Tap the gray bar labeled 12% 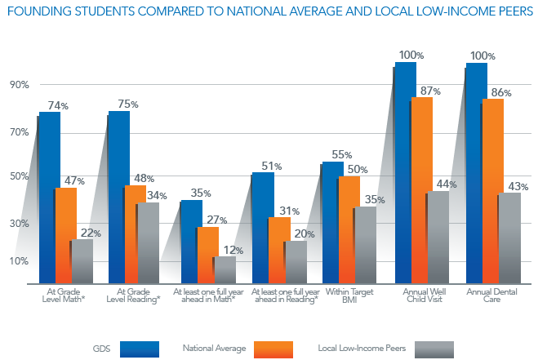point(225,270)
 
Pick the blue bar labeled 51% point(263,228)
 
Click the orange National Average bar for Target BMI point(349,229)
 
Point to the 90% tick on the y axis point(19,85)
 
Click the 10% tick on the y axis point(19,261)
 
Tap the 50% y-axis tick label point(19,176)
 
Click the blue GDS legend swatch point(139,349)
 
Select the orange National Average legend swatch point(274,349)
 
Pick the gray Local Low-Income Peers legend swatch point(434,349)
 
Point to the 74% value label point(58,105)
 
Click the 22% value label point(90,233)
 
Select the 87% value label point(430,91)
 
